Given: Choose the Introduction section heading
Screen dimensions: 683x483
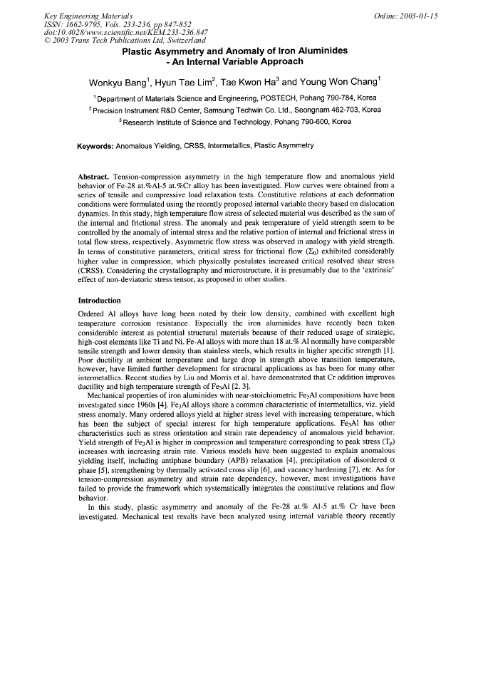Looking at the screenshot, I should pos(100,301).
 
